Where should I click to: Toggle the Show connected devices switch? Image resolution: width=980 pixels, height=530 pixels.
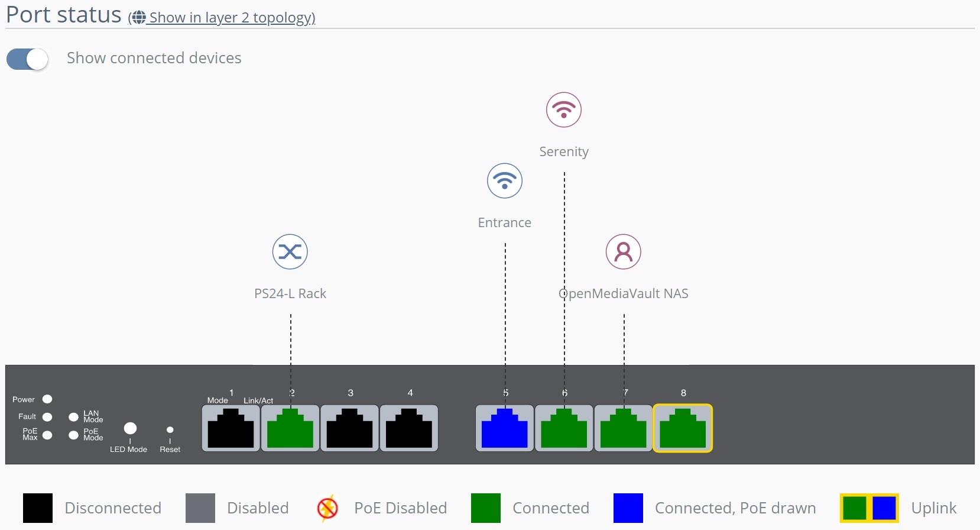point(27,59)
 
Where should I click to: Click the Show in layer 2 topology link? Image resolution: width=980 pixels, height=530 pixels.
point(231,18)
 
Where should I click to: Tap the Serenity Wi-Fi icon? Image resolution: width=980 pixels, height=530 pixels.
point(564,109)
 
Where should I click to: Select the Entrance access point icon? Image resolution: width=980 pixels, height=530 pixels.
point(505,180)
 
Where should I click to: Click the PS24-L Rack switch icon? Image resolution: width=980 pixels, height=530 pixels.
point(290,251)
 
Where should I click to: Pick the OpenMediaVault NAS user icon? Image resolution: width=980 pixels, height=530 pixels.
point(624,251)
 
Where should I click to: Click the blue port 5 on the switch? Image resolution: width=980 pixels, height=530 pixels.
point(505,428)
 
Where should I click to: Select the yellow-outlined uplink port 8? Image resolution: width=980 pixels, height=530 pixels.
point(683,428)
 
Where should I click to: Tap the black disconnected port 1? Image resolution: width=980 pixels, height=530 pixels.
point(231,428)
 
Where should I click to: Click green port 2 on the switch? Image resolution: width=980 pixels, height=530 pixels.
point(290,428)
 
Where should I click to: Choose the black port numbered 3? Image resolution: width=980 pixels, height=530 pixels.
point(350,428)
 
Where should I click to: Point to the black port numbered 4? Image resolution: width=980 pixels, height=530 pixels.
point(409,428)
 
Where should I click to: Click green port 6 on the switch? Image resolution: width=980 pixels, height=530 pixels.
point(564,428)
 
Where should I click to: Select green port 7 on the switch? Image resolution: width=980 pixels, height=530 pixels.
point(624,428)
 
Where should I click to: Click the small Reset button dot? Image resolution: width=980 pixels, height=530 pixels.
point(170,430)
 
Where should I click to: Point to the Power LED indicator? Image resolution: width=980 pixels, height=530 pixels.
point(47,399)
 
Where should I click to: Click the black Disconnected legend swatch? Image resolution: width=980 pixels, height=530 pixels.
point(38,508)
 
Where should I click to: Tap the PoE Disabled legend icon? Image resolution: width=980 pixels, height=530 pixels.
point(327,508)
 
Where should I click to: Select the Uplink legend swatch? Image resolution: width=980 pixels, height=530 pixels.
point(869,508)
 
